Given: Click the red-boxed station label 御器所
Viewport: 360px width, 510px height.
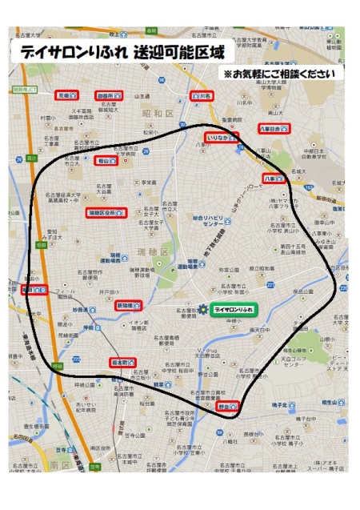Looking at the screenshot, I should pos(108,95).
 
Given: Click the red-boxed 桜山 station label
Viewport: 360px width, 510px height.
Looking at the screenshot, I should pos(106,161).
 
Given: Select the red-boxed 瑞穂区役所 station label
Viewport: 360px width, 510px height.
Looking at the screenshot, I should pos(106,213).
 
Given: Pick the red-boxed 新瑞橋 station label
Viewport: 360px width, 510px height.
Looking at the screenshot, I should pos(129,306).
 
